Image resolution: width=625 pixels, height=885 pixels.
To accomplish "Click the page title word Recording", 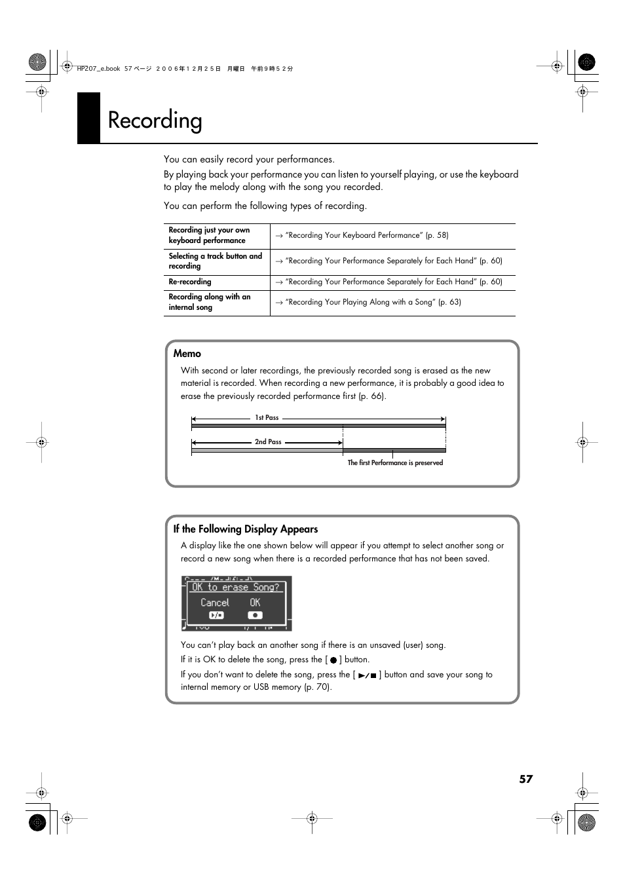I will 155,121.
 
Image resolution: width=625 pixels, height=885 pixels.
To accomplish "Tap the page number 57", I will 525,779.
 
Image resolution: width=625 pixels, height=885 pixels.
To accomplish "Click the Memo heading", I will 187,354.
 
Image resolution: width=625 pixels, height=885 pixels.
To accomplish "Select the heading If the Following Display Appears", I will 245,529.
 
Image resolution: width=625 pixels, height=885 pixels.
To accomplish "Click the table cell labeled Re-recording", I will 190,282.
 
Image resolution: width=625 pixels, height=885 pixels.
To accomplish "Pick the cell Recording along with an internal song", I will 209,302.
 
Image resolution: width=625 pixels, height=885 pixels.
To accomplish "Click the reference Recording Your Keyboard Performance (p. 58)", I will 366,235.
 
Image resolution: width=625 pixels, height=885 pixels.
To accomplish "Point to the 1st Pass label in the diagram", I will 267,418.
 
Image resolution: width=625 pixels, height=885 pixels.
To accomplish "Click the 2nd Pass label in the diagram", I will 268,442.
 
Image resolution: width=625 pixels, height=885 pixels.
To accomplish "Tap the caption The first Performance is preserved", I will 395,463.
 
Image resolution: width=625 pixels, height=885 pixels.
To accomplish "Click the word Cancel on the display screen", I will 215,603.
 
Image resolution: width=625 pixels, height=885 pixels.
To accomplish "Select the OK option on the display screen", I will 255,603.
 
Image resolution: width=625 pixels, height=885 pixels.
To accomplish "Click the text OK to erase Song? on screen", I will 235,588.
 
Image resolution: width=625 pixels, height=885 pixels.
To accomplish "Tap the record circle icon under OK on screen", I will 255,615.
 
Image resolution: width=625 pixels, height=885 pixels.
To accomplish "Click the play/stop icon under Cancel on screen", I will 216,615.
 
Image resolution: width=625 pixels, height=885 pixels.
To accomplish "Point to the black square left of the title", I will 88,118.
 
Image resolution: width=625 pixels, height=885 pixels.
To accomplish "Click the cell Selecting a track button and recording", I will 215,261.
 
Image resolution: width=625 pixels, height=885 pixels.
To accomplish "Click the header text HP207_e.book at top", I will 98,69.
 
